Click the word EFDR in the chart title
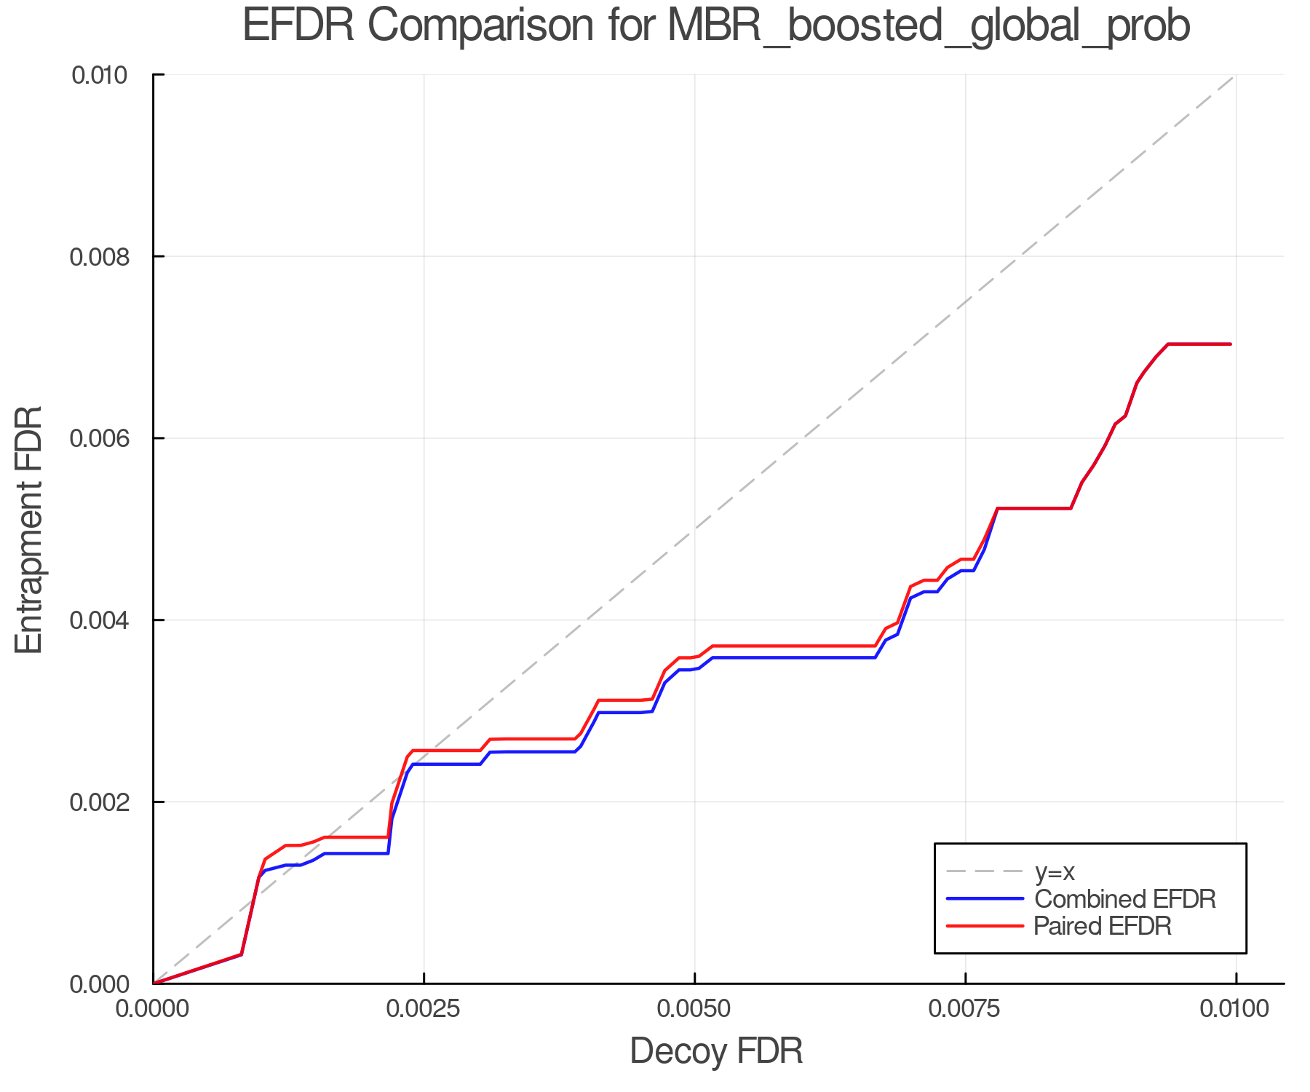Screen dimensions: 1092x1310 298,26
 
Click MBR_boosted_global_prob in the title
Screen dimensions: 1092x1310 928,26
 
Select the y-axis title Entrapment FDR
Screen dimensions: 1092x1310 29,529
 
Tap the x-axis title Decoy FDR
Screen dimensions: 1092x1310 716,1051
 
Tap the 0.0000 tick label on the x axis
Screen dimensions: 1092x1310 153,1009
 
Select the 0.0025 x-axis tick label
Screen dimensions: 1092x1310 424,1009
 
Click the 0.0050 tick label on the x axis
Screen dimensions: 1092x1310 694,1009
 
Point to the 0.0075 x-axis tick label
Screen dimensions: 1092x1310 965,1009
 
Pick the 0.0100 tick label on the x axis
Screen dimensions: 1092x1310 1235,1009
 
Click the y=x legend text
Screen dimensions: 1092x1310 1055,871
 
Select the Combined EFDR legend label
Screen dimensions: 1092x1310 1125,899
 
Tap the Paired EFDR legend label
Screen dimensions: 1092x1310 1103,926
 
